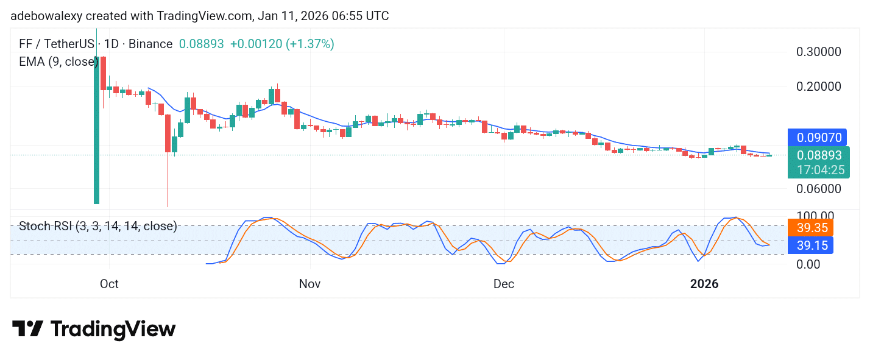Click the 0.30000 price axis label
pos(819,52)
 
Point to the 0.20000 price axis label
pos(819,86)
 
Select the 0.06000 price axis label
pos(819,189)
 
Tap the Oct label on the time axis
pos(109,284)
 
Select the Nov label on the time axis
pos(310,284)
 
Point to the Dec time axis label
pos(504,284)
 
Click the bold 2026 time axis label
pos(704,284)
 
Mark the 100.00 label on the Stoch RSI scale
pos(815,216)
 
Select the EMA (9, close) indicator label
pos(58,62)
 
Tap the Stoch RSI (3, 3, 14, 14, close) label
pos(98,227)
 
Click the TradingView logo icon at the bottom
pos(28,330)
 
